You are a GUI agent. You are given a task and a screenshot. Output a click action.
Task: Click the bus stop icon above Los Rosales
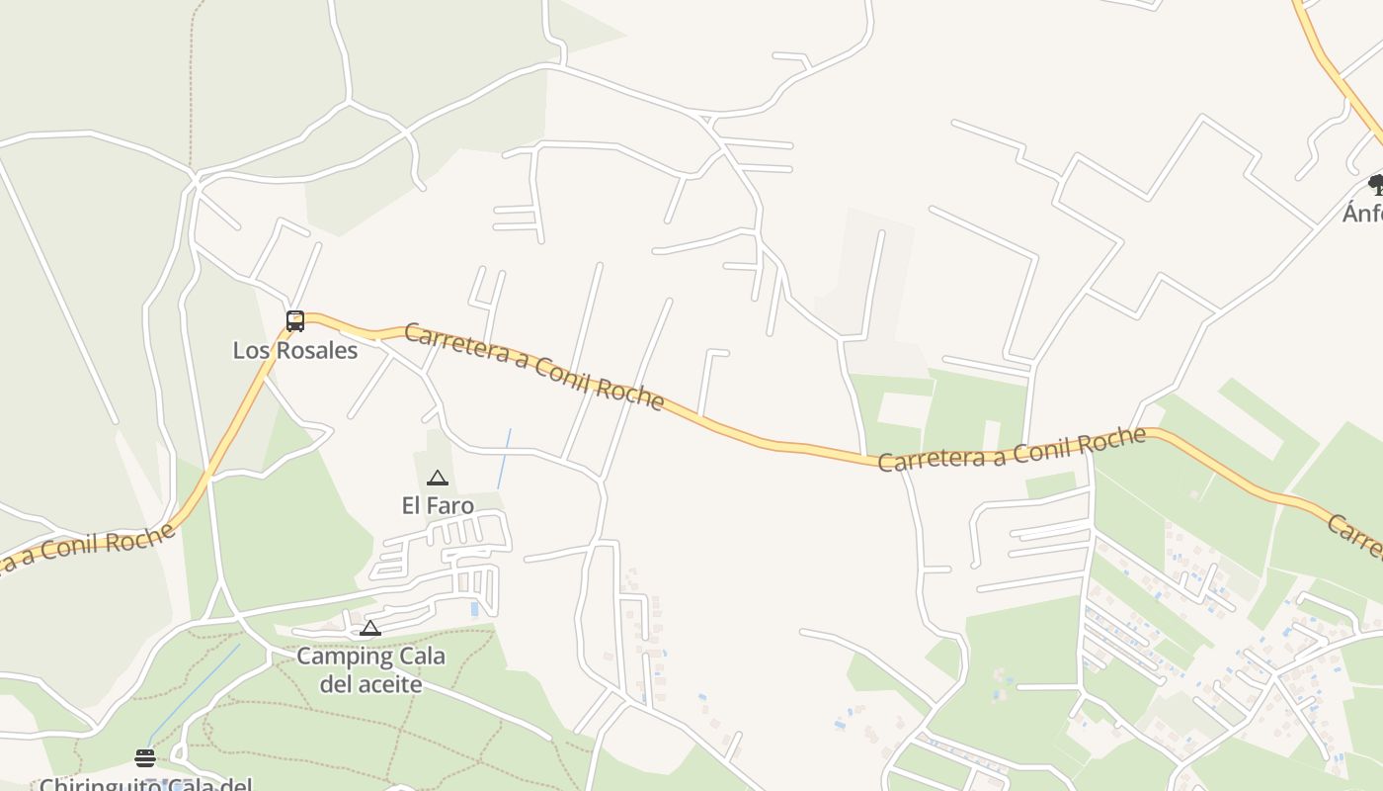pos(295,320)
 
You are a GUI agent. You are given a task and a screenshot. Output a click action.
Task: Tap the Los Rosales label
pos(295,350)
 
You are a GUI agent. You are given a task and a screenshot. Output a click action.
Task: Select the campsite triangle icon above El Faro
pos(438,479)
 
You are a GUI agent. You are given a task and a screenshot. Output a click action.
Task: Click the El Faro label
pos(438,506)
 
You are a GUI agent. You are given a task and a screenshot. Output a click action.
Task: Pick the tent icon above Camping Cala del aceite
pos(370,629)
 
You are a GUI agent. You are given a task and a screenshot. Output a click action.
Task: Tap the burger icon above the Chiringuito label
pos(145,758)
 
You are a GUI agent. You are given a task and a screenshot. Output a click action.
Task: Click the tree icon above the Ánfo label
pos(1375,184)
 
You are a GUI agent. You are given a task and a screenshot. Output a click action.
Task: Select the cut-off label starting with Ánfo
pos(1363,213)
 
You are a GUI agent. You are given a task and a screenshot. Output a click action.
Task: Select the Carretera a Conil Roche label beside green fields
pos(1012,449)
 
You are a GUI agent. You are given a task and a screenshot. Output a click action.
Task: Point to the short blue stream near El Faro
pos(504,459)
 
